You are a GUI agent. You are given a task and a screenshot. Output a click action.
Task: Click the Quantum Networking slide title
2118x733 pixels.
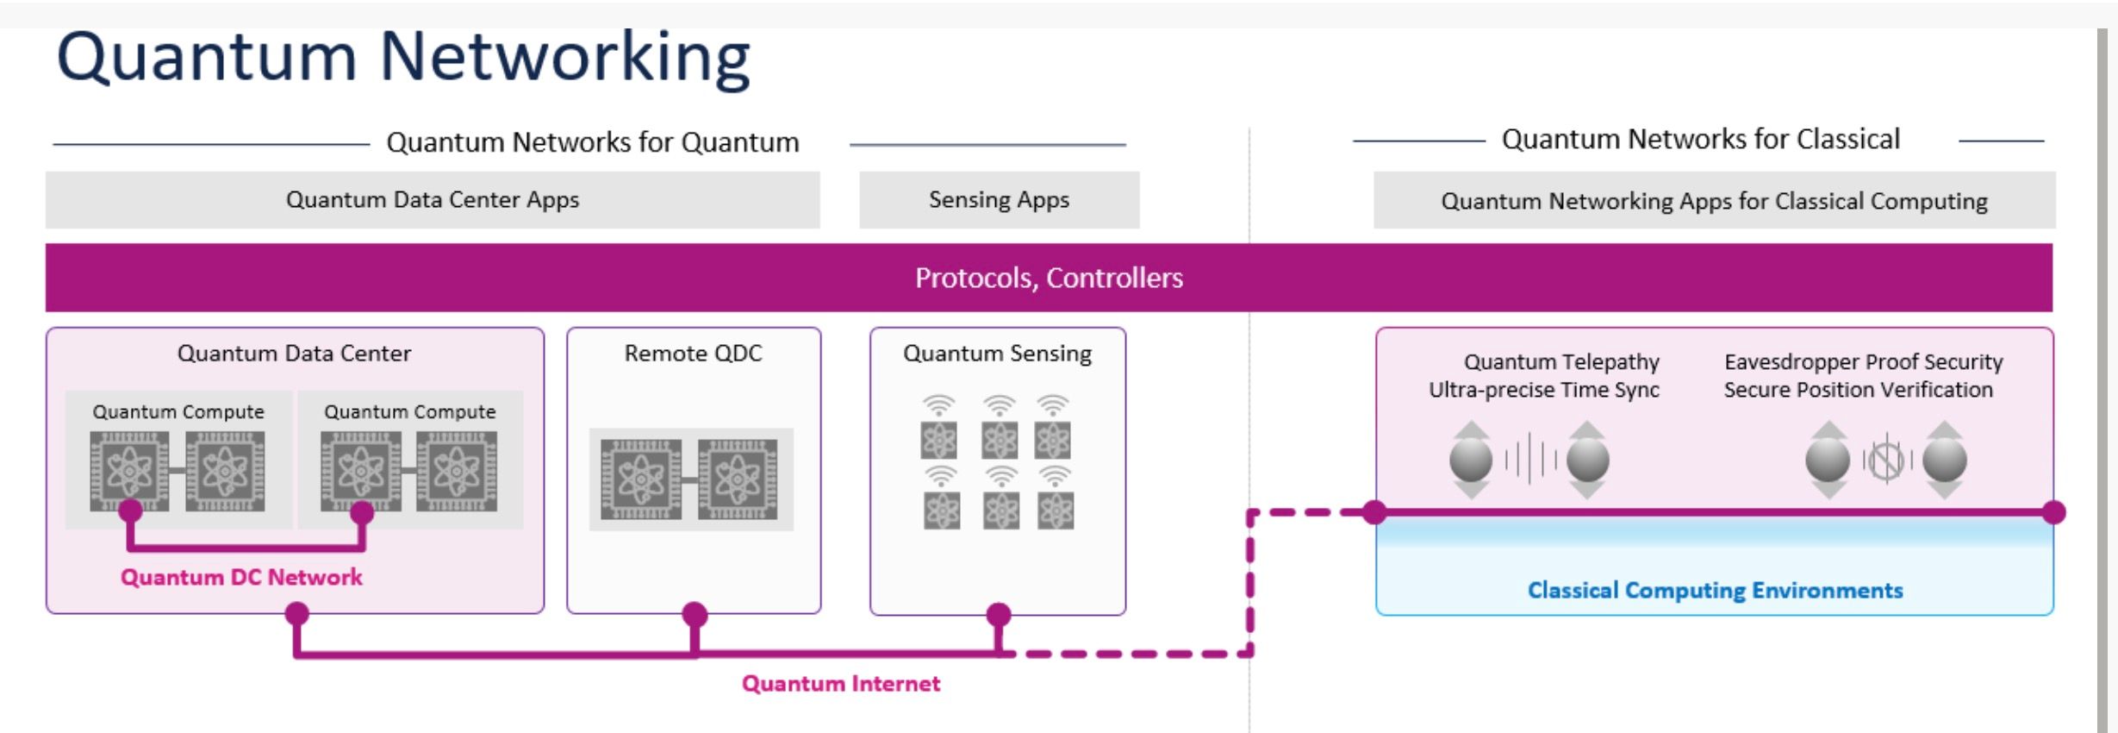[403, 58]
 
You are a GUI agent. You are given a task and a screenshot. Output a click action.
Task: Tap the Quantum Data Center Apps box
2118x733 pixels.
[433, 200]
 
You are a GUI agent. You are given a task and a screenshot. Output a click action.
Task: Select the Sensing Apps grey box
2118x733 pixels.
[999, 200]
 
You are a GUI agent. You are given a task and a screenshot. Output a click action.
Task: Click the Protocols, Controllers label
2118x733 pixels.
[1049, 278]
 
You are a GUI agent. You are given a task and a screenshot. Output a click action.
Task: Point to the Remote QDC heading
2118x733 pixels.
[693, 354]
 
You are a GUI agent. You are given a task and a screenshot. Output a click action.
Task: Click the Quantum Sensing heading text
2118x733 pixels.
[997, 354]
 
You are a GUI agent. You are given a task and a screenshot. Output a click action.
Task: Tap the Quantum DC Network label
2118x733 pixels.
[241, 577]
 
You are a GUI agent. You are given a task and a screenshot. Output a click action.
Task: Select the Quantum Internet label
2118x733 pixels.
[841, 684]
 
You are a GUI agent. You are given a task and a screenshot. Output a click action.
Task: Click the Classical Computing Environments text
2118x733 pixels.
[1715, 591]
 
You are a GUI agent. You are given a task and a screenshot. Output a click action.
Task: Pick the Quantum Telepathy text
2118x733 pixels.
[1561, 362]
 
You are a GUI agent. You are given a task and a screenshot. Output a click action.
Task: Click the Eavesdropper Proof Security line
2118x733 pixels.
[1863, 362]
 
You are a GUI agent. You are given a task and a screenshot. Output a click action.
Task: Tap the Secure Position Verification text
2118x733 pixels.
[1858, 390]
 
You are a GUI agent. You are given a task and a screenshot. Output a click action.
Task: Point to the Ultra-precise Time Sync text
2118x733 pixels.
[1544, 390]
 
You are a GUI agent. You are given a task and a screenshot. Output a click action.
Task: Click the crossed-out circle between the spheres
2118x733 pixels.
[1886, 460]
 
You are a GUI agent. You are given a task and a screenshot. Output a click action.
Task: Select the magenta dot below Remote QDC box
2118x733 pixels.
[695, 615]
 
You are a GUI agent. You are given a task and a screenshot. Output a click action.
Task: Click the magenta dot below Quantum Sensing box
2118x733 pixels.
[998, 615]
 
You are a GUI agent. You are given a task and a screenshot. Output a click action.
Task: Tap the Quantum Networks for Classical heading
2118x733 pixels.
[1700, 140]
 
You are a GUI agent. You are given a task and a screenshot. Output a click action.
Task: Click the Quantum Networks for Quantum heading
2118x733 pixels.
[593, 142]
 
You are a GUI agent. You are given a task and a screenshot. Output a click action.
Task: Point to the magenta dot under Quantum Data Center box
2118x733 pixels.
[296, 614]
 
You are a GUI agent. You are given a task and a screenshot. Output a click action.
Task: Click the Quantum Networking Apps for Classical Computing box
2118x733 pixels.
[1714, 201]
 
